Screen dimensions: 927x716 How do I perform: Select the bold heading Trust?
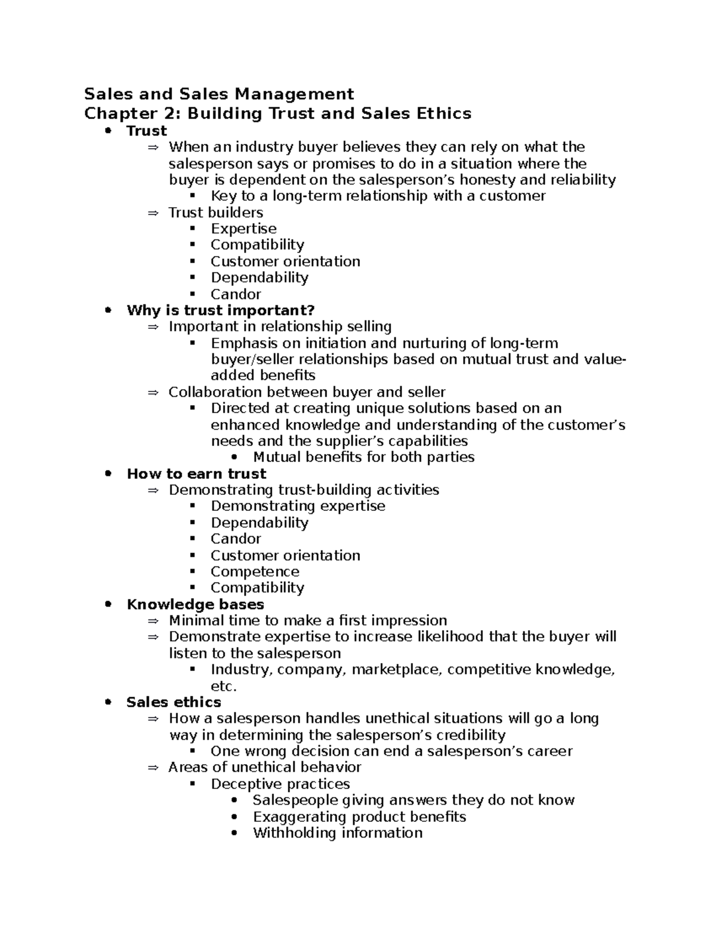point(147,131)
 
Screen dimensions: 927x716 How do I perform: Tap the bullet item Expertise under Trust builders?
point(243,229)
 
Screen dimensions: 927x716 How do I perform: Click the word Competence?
point(255,571)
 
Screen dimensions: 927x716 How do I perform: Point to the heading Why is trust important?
point(220,310)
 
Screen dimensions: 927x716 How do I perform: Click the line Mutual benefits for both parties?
point(363,457)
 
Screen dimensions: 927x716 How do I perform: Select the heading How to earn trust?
point(196,474)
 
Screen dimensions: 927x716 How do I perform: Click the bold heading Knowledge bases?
point(195,604)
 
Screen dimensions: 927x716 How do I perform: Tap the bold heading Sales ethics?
point(174,702)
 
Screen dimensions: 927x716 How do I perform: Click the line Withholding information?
point(337,833)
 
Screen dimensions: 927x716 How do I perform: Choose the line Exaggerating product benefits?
point(359,817)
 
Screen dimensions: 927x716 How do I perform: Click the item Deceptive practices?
point(280,784)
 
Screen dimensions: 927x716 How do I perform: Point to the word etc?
point(224,686)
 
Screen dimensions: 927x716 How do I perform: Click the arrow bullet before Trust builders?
point(153,213)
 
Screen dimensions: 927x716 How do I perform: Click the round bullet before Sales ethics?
point(108,702)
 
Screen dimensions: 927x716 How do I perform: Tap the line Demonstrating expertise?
point(298,506)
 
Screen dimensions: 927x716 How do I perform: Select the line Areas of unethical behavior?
point(264,767)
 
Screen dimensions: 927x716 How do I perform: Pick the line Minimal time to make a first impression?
point(307,620)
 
